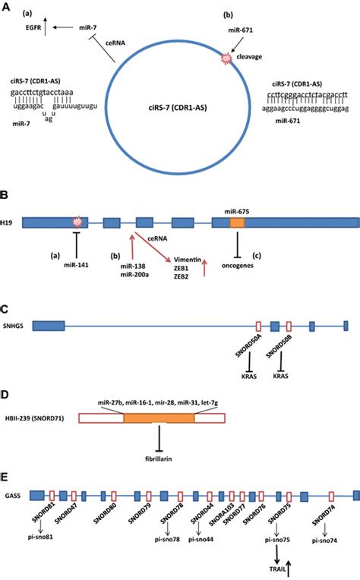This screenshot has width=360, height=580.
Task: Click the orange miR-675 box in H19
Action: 238,222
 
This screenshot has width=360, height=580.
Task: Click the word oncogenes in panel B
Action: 237,265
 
